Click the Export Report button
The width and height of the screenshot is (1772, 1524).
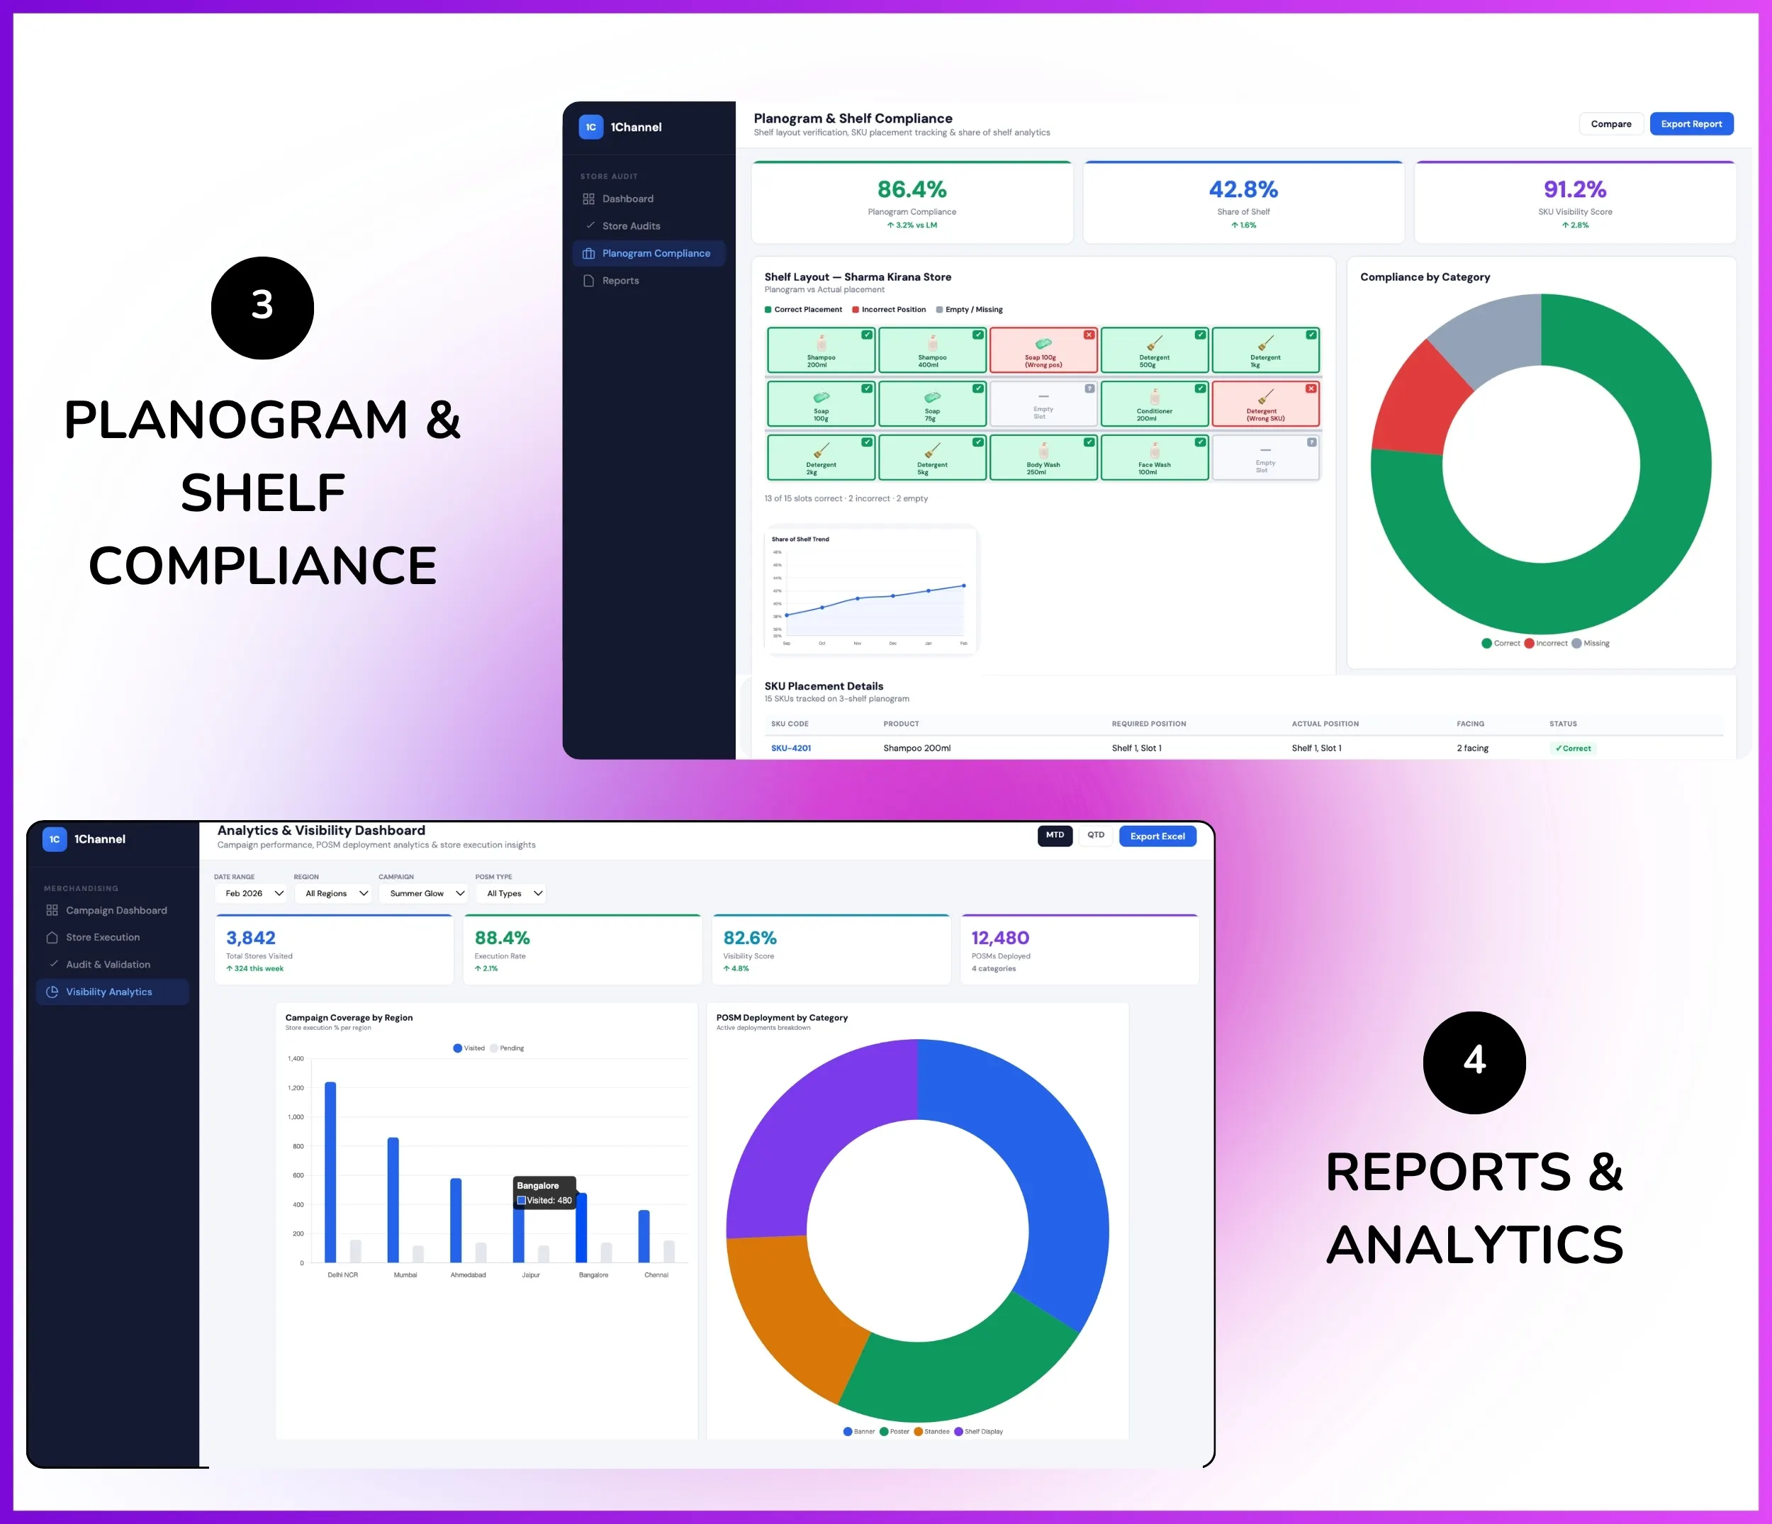tap(1690, 124)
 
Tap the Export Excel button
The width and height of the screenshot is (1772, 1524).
tap(1157, 836)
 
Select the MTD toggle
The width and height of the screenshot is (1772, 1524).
tap(1055, 836)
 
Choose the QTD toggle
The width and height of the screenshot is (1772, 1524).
tap(1096, 836)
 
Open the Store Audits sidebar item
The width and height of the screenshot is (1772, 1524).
tap(630, 226)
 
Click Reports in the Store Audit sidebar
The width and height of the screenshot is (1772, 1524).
tap(620, 281)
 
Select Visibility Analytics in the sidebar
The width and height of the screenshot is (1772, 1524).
tap(108, 992)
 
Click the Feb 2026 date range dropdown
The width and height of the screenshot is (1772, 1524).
tap(253, 894)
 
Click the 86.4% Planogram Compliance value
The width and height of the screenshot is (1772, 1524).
tap(912, 189)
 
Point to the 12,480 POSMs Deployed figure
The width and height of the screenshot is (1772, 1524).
tap(999, 939)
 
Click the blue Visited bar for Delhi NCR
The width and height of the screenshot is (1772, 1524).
tap(330, 1172)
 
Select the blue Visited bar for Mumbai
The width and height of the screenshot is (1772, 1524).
tap(393, 1199)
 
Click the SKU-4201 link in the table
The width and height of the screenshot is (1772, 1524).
tap(791, 749)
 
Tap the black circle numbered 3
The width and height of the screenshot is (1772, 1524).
tap(262, 308)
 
